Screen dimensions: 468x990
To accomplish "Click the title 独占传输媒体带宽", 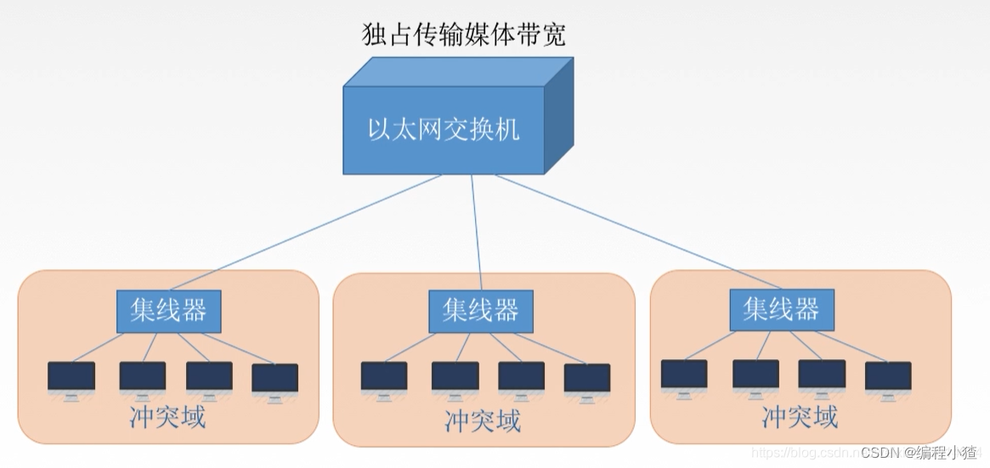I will pyautogui.click(x=463, y=35).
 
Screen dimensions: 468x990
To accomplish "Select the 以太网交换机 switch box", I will pyautogui.click(x=444, y=130).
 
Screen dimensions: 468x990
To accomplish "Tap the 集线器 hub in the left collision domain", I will pyautogui.click(x=168, y=311).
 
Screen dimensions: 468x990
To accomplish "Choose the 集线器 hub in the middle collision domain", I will pyautogui.click(x=480, y=311).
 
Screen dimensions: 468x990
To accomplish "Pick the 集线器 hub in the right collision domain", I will pyautogui.click(x=781, y=309).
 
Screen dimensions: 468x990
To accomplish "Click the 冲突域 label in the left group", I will pyautogui.click(x=167, y=417).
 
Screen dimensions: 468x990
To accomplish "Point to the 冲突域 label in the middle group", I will pyautogui.click(x=482, y=420).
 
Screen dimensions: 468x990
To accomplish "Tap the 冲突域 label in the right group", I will pyautogui.click(x=800, y=417).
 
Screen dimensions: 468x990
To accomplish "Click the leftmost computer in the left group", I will pyautogui.click(x=71, y=379).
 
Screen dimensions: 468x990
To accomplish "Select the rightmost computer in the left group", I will pyautogui.click(x=274, y=380).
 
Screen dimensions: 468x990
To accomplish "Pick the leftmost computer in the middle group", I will pyautogui.click(x=384, y=379).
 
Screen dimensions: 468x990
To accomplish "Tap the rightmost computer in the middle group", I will pyautogui.click(x=587, y=380).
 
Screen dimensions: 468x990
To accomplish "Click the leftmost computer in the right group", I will pyautogui.click(x=684, y=376).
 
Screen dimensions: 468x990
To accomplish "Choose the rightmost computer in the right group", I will pyautogui.click(x=888, y=377).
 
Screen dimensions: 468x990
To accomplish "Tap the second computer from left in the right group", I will pyautogui.click(x=755, y=376).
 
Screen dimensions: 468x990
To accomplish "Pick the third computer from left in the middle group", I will pyautogui.click(x=521, y=379).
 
